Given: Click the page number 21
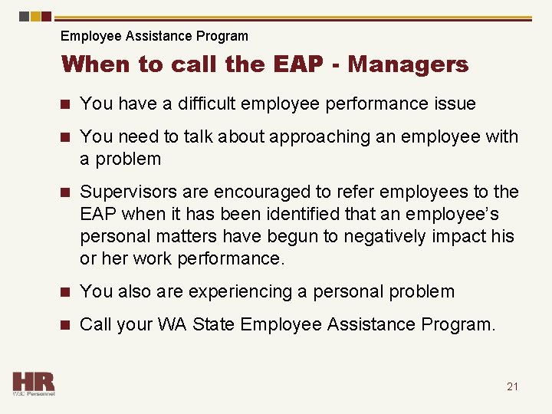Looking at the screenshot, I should [512, 386].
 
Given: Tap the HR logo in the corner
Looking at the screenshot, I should [33, 383].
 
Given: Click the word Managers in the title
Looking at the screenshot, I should [408, 64].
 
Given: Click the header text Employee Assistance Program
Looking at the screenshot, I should [154, 36].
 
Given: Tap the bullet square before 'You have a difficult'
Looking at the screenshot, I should [67, 103].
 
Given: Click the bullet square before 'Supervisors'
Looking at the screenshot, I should [67, 192].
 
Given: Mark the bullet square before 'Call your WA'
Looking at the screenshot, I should [67, 324].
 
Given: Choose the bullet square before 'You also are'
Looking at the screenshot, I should [67, 291].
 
